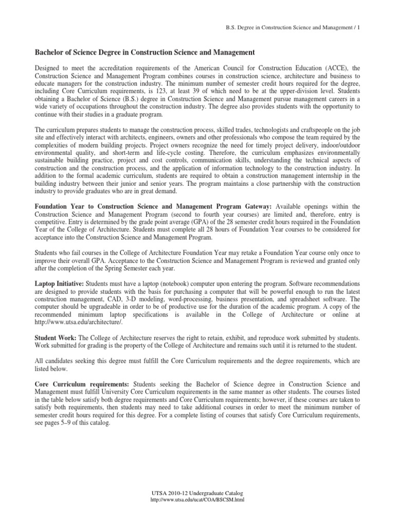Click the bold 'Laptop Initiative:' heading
[x=59, y=284]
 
